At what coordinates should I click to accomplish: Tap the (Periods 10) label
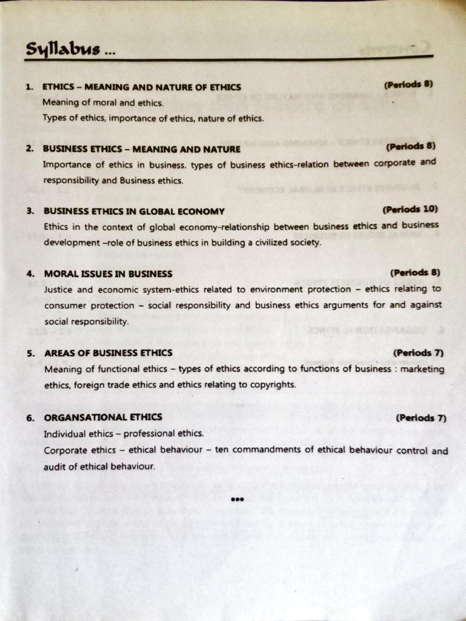pyautogui.click(x=410, y=210)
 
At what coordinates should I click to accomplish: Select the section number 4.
pyautogui.click(x=29, y=274)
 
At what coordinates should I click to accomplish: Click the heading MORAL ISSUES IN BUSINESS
pyautogui.click(x=108, y=274)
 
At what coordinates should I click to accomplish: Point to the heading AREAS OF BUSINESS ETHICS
pyautogui.click(x=108, y=353)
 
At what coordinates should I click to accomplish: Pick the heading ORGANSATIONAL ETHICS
pyautogui.click(x=103, y=417)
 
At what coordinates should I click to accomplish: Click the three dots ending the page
pyautogui.click(x=237, y=500)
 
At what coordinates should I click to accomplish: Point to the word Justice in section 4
pyautogui.click(x=58, y=289)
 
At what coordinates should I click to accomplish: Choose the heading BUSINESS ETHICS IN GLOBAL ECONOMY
pyautogui.click(x=134, y=211)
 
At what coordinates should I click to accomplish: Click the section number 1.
pyautogui.click(x=29, y=87)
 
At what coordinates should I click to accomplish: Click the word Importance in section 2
pyautogui.click(x=66, y=164)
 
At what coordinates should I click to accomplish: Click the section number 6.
pyautogui.click(x=29, y=418)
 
